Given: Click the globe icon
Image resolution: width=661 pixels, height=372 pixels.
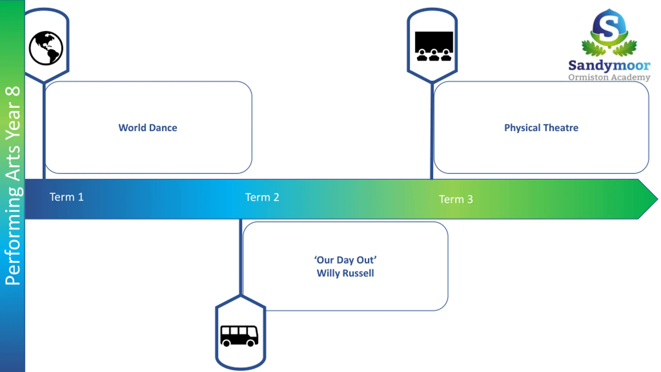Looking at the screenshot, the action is pyautogui.click(x=46, y=48).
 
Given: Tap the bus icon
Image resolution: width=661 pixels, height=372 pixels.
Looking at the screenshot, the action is pyautogui.click(x=239, y=336).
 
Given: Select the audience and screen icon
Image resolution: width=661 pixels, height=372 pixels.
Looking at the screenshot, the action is pyautogui.click(x=434, y=46).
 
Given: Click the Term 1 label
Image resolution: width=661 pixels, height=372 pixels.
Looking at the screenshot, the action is pyautogui.click(x=67, y=197).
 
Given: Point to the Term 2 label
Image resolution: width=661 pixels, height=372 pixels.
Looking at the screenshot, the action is pyautogui.click(x=262, y=197).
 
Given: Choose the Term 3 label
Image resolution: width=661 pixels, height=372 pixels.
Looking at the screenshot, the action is pyautogui.click(x=456, y=199).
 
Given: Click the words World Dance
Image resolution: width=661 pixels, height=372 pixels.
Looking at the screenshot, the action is pyautogui.click(x=148, y=128).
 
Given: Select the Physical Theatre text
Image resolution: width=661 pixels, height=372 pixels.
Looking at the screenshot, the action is pyautogui.click(x=541, y=128).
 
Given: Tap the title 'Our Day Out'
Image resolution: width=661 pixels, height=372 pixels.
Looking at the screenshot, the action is pyautogui.click(x=345, y=260).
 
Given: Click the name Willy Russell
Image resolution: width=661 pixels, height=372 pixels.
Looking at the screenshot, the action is pyautogui.click(x=345, y=273).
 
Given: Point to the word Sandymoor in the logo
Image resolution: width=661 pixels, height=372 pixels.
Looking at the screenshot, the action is pyautogui.click(x=609, y=66).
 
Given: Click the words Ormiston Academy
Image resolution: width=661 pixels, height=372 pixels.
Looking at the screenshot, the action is pyautogui.click(x=609, y=77).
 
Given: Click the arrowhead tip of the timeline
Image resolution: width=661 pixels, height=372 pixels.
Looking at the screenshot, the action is pyautogui.click(x=658, y=199).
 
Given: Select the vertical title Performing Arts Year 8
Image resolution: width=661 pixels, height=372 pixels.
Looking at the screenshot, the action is pyautogui.click(x=13, y=185).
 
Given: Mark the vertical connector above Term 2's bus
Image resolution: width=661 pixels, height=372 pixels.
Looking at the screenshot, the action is pyautogui.click(x=241, y=257).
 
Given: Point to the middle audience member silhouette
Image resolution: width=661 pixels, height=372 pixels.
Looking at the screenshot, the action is pyautogui.click(x=434, y=55).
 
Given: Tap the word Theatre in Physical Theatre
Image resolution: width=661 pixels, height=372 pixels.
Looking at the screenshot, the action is pyautogui.click(x=561, y=128).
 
